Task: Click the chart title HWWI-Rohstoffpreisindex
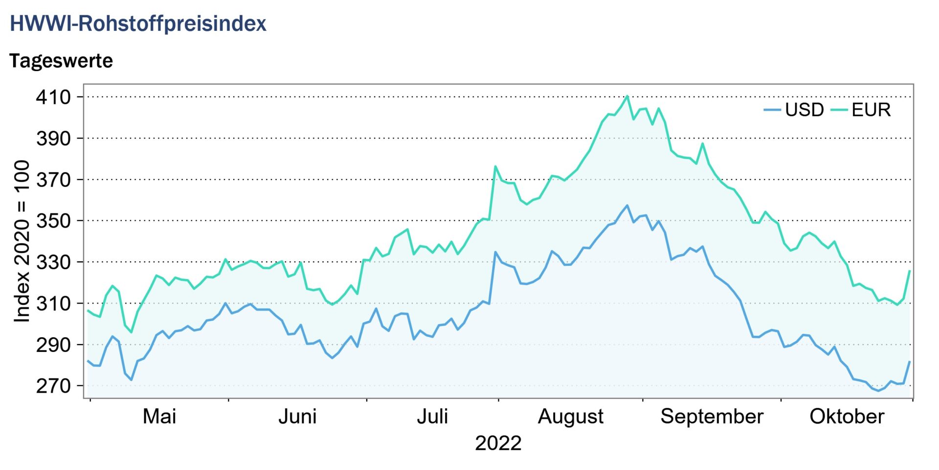click(138, 23)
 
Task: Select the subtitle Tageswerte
click(61, 61)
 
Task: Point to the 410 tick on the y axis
click(53, 97)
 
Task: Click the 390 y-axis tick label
click(53, 139)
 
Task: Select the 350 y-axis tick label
click(53, 221)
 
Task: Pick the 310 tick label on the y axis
click(53, 304)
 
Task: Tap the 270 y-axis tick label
click(53, 386)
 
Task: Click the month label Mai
click(159, 417)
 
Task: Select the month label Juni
click(297, 417)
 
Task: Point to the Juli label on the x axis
click(432, 417)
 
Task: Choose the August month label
click(570, 417)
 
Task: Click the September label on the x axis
click(712, 417)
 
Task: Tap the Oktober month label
click(847, 417)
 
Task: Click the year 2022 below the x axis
click(498, 443)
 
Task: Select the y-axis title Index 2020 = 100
click(22, 241)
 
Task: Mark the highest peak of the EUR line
click(627, 96)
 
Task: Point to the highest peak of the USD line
click(627, 205)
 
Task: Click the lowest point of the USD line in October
click(878, 391)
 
